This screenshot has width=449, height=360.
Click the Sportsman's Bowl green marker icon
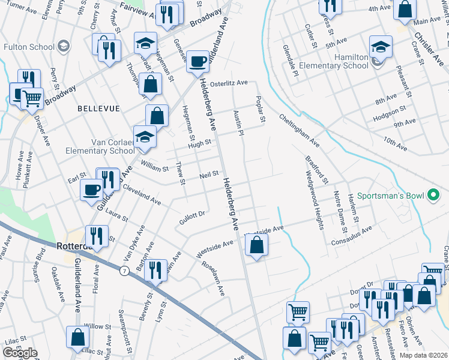point(433,195)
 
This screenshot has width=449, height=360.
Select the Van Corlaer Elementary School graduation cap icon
point(144,138)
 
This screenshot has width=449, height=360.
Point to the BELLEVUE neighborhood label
point(98,109)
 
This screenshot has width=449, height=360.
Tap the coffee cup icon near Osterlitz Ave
point(197,61)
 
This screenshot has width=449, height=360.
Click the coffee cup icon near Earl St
point(92,189)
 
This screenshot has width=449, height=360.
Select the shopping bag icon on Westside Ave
point(256,244)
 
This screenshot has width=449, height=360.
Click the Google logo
point(20,353)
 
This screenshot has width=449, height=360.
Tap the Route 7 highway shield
point(124,272)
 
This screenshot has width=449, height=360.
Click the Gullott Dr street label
point(192,217)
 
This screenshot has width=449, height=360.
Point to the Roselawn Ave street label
point(213,278)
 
